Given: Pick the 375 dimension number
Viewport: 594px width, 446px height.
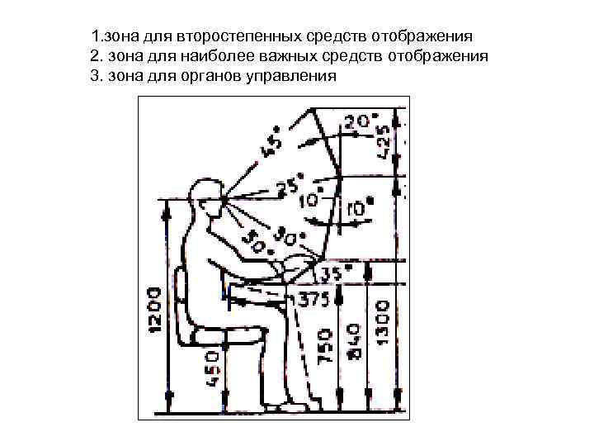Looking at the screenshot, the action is [313, 298].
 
